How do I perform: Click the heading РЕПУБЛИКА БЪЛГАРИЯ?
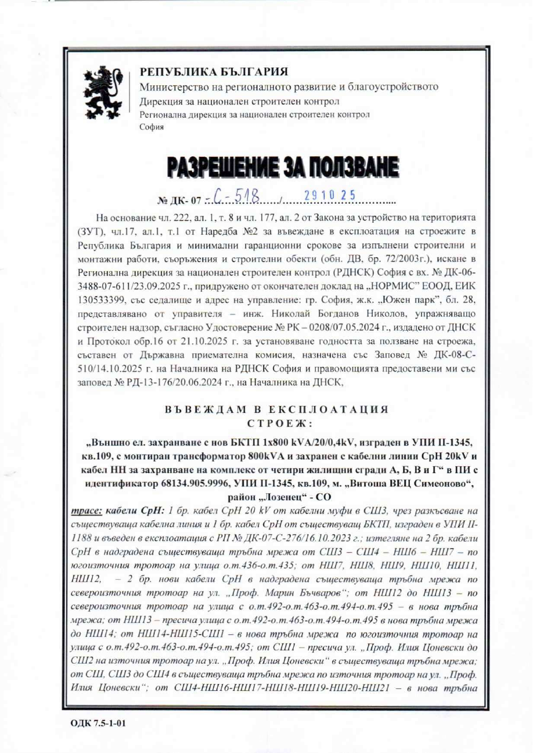[213, 72]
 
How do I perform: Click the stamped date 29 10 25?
[329, 197]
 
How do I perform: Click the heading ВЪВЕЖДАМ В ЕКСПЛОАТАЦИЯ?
[276, 410]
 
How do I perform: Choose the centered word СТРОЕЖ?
[276, 422]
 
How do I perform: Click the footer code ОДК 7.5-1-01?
[99, 722]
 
